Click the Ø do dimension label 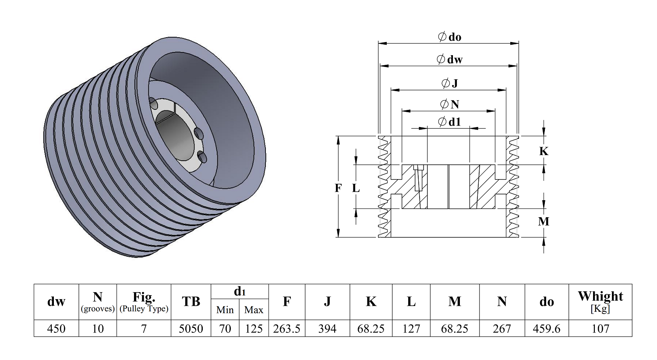[450, 37]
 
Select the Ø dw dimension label [450, 60]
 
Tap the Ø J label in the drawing [450, 84]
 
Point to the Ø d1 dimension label [450, 122]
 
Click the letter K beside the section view [544, 151]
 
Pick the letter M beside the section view [544, 221]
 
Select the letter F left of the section [338, 188]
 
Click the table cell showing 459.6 [547, 328]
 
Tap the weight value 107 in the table [600, 328]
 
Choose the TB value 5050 [191, 328]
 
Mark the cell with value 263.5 [286, 328]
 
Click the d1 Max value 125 [254, 328]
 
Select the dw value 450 [56, 328]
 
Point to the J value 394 [327, 328]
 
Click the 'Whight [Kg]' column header [600, 302]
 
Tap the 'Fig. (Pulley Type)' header [144, 302]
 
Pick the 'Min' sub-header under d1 [225, 310]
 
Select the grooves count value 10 [98, 328]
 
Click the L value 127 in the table [411, 328]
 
